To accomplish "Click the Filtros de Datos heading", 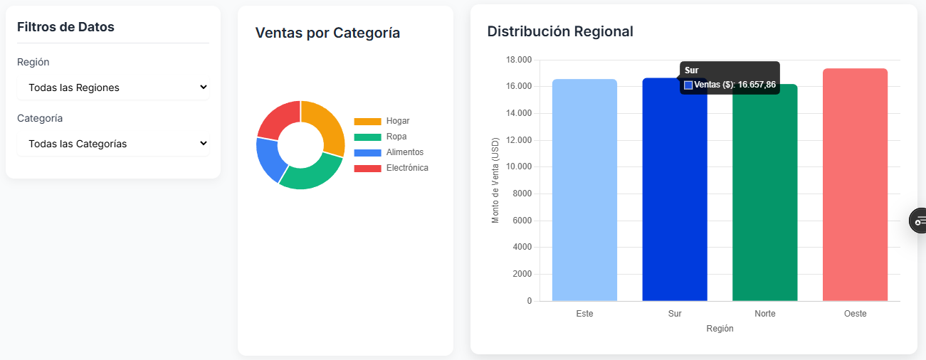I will click(x=65, y=27).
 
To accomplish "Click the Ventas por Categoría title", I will click(x=327, y=33).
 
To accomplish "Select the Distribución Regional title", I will click(x=560, y=31).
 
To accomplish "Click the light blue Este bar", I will click(x=584, y=192).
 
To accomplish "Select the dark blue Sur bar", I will click(x=674, y=199).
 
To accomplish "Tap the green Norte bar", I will click(x=764, y=199).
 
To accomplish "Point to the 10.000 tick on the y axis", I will click(x=517, y=167).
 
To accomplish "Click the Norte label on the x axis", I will click(x=764, y=314).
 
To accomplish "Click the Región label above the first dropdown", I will click(x=33, y=62).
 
